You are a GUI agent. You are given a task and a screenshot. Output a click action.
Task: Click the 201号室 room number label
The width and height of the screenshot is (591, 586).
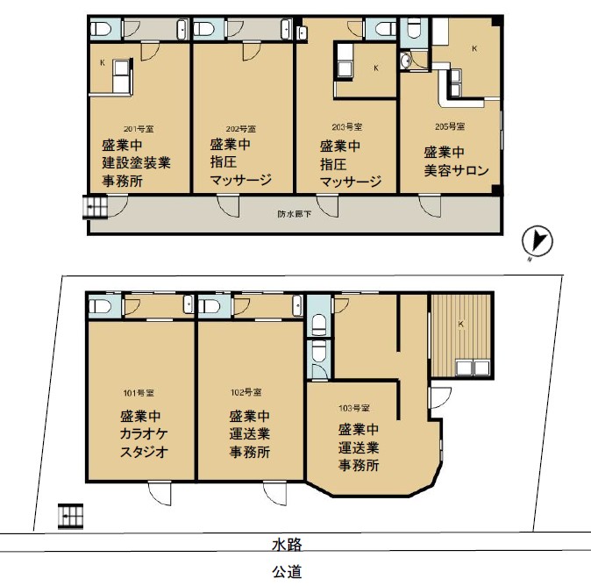click(139, 129)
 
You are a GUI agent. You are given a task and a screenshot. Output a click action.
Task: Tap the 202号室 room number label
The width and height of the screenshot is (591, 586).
click(241, 129)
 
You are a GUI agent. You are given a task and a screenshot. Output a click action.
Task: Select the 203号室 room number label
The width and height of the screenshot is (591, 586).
click(347, 127)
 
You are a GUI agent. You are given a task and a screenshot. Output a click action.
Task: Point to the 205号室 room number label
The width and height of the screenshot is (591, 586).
click(450, 126)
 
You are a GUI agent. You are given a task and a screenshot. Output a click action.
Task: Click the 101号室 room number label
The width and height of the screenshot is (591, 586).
click(139, 393)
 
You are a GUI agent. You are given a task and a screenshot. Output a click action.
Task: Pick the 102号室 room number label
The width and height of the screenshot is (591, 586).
click(246, 392)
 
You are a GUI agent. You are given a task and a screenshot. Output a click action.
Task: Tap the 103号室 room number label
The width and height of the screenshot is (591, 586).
click(354, 408)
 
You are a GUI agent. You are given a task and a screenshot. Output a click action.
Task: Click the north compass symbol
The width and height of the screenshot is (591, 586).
click(538, 240)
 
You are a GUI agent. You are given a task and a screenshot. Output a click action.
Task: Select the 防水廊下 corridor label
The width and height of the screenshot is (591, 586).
click(295, 214)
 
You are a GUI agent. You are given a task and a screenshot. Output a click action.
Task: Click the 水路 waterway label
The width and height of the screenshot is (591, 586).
click(288, 544)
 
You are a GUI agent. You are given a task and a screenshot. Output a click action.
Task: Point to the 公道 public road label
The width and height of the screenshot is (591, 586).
click(288, 572)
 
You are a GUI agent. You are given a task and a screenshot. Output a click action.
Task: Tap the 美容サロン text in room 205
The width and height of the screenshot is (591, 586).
click(457, 170)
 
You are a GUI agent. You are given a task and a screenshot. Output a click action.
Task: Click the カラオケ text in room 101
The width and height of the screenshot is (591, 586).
click(144, 434)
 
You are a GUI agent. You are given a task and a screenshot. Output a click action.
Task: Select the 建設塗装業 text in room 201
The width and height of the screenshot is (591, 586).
click(137, 162)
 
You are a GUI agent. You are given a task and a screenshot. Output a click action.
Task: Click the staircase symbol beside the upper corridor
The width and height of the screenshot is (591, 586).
click(95, 207)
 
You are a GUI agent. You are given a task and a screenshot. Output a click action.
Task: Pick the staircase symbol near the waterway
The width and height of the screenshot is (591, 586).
click(70, 516)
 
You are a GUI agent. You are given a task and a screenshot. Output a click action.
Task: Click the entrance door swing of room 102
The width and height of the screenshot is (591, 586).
click(274, 493)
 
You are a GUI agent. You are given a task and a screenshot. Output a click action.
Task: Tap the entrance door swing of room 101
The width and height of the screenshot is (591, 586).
click(160, 493)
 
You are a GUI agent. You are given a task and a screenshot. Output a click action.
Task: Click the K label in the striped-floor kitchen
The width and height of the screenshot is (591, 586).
click(460, 324)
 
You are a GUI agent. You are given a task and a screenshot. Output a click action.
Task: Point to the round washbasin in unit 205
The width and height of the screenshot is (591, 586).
click(406, 61)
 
